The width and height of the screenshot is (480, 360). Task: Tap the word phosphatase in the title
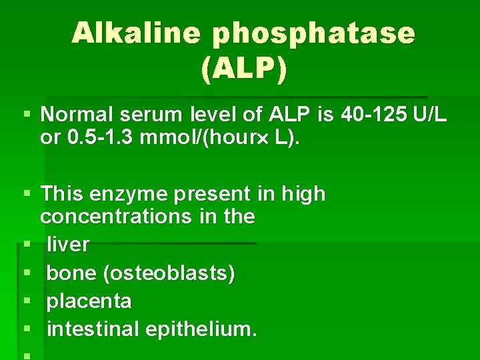pos(313,33)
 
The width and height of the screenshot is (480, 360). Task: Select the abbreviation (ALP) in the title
pos(243,69)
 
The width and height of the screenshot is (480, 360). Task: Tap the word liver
pos(68,245)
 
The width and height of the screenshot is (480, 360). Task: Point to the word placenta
pos(89,301)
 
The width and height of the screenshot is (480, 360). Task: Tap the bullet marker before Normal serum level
pos(27,116)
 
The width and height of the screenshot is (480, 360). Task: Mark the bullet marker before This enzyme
pos(27,195)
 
